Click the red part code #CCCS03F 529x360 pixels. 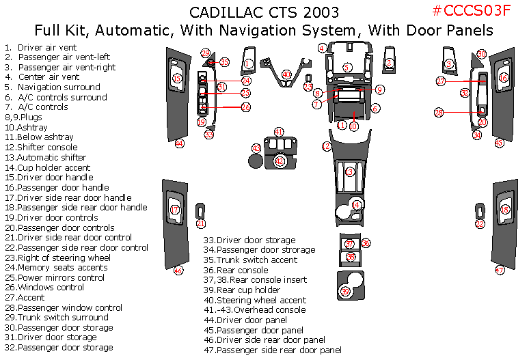pos(472,12)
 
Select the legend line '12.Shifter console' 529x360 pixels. pos(41,148)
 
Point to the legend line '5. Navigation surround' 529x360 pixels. pos(52,87)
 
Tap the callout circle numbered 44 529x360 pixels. pos(179,143)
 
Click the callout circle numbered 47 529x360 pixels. pos(500,271)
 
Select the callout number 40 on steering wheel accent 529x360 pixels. pos(286,74)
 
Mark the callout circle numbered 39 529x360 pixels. pos(345,292)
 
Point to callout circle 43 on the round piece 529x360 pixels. pos(256,148)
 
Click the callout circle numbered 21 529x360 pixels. pos(200,223)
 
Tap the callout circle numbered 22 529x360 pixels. pos(480,224)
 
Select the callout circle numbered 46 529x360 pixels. pos(178,271)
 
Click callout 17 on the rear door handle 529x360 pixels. pos(175,210)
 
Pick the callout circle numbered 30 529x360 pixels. pos(481,54)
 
